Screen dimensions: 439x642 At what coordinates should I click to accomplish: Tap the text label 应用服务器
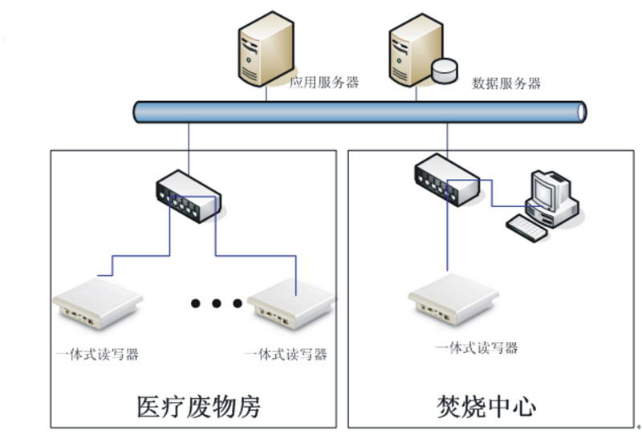coord(323,82)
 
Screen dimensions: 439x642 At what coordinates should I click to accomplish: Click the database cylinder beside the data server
coord(443,70)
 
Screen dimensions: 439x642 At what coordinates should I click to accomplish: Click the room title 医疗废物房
coord(200,406)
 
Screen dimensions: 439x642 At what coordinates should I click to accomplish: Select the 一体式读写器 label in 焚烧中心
coord(477,348)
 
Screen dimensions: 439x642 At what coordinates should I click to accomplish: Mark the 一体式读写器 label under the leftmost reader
coord(96,354)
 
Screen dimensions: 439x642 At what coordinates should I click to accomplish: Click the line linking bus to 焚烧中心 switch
coord(448,138)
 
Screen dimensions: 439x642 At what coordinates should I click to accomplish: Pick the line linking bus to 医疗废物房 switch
coord(189,148)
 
